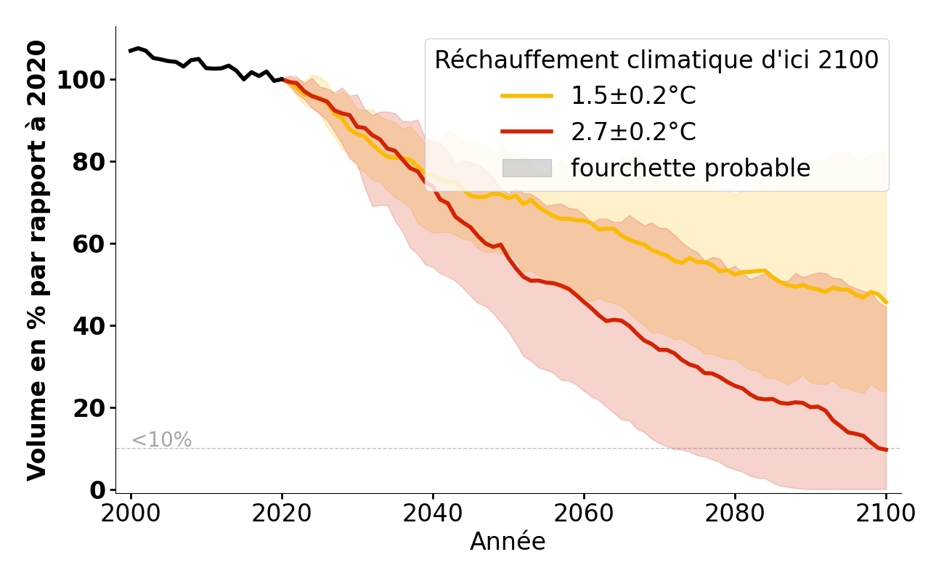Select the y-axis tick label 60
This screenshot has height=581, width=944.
[x=90, y=243]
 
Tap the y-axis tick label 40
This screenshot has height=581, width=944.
[x=90, y=325]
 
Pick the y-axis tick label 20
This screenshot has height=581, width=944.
[x=90, y=407]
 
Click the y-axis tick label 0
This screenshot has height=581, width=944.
[x=98, y=489]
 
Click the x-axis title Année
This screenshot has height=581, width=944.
[x=508, y=542]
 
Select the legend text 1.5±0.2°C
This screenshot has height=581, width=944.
[x=633, y=96]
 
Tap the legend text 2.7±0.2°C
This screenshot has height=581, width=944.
[x=633, y=132]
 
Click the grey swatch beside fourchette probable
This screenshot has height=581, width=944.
[x=527, y=168]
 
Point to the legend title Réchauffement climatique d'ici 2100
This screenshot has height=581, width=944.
[x=656, y=60]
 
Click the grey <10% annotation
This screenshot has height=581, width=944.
[x=161, y=440]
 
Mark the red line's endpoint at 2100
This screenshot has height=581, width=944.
[x=886, y=450]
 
